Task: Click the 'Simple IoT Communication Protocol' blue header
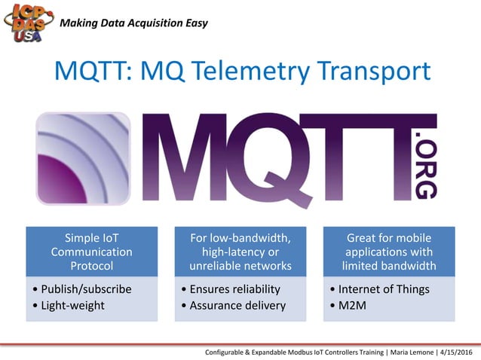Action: pos(91,252)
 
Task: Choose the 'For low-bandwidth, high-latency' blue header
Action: pos(240,252)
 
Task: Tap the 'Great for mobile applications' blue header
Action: pos(389,252)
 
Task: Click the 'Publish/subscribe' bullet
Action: pos(87,289)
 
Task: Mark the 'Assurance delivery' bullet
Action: pos(236,305)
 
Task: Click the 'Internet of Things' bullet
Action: pos(383,289)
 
